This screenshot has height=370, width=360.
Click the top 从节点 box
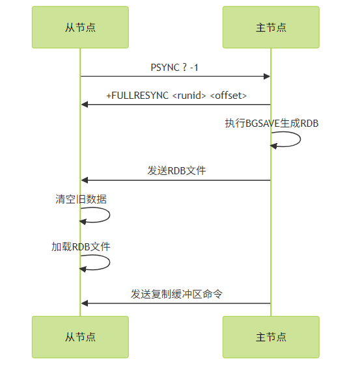pyautogui.click(x=80, y=27)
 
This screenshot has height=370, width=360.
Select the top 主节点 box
pyautogui.click(x=271, y=27)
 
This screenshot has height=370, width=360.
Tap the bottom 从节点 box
pyautogui.click(x=80, y=337)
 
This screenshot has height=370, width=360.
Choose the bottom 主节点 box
pyautogui.click(x=271, y=337)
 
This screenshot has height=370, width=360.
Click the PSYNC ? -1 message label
pyautogui.click(x=174, y=68)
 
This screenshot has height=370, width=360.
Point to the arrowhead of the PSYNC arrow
pyautogui.click(x=267, y=76)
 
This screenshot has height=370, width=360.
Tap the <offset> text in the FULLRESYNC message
pyautogui.click(x=228, y=96)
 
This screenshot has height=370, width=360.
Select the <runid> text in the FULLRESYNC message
pyautogui.click(x=189, y=96)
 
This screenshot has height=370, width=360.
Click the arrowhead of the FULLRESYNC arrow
pyautogui.click(x=85, y=104)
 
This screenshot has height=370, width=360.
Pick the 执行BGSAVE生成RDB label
pyautogui.click(x=271, y=123)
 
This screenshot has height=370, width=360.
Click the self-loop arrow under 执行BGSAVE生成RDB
pyautogui.click(x=300, y=139)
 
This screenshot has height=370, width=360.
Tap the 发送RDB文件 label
pyautogui.click(x=176, y=170)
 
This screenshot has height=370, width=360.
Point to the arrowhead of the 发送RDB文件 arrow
pyautogui.click(x=85, y=180)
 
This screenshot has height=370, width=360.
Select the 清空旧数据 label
pyautogui.click(x=81, y=199)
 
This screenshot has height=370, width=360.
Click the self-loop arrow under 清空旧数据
pyautogui.click(x=109, y=215)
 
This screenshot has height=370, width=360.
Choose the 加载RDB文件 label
pyautogui.click(x=81, y=246)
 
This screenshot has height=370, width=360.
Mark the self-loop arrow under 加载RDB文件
pyautogui.click(x=109, y=262)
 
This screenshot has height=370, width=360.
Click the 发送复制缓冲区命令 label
pyautogui.click(x=176, y=294)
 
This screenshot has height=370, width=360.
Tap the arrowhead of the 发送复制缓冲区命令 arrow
pyautogui.click(x=85, y=303)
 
